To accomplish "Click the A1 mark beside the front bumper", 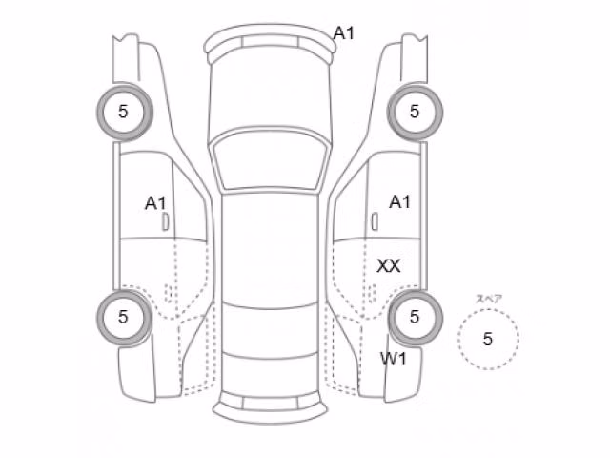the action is [x=344, y=33].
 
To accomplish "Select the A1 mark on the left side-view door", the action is [x=155, y=203].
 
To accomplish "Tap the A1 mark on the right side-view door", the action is [x=400, y=202].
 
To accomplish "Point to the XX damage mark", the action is [x=389, y=266].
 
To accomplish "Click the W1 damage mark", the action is [x=394, y=359].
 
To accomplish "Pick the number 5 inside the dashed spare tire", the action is [x=487, y=340].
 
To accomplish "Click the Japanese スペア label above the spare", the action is [x=489, y=299].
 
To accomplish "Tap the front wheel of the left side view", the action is [x=125, y=112].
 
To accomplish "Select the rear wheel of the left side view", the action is [x=125, y=318].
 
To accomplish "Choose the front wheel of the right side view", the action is [x=415, y=112].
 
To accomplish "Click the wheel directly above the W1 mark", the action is [x=415, y=318].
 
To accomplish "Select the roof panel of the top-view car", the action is [x=271, y=249].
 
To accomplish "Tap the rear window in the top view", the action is [x=271, y=330].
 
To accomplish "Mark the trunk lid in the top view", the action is [x=271, y=375].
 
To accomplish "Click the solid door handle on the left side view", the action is [x=165, y=222].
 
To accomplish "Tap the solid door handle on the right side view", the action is [x=375, y=221].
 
